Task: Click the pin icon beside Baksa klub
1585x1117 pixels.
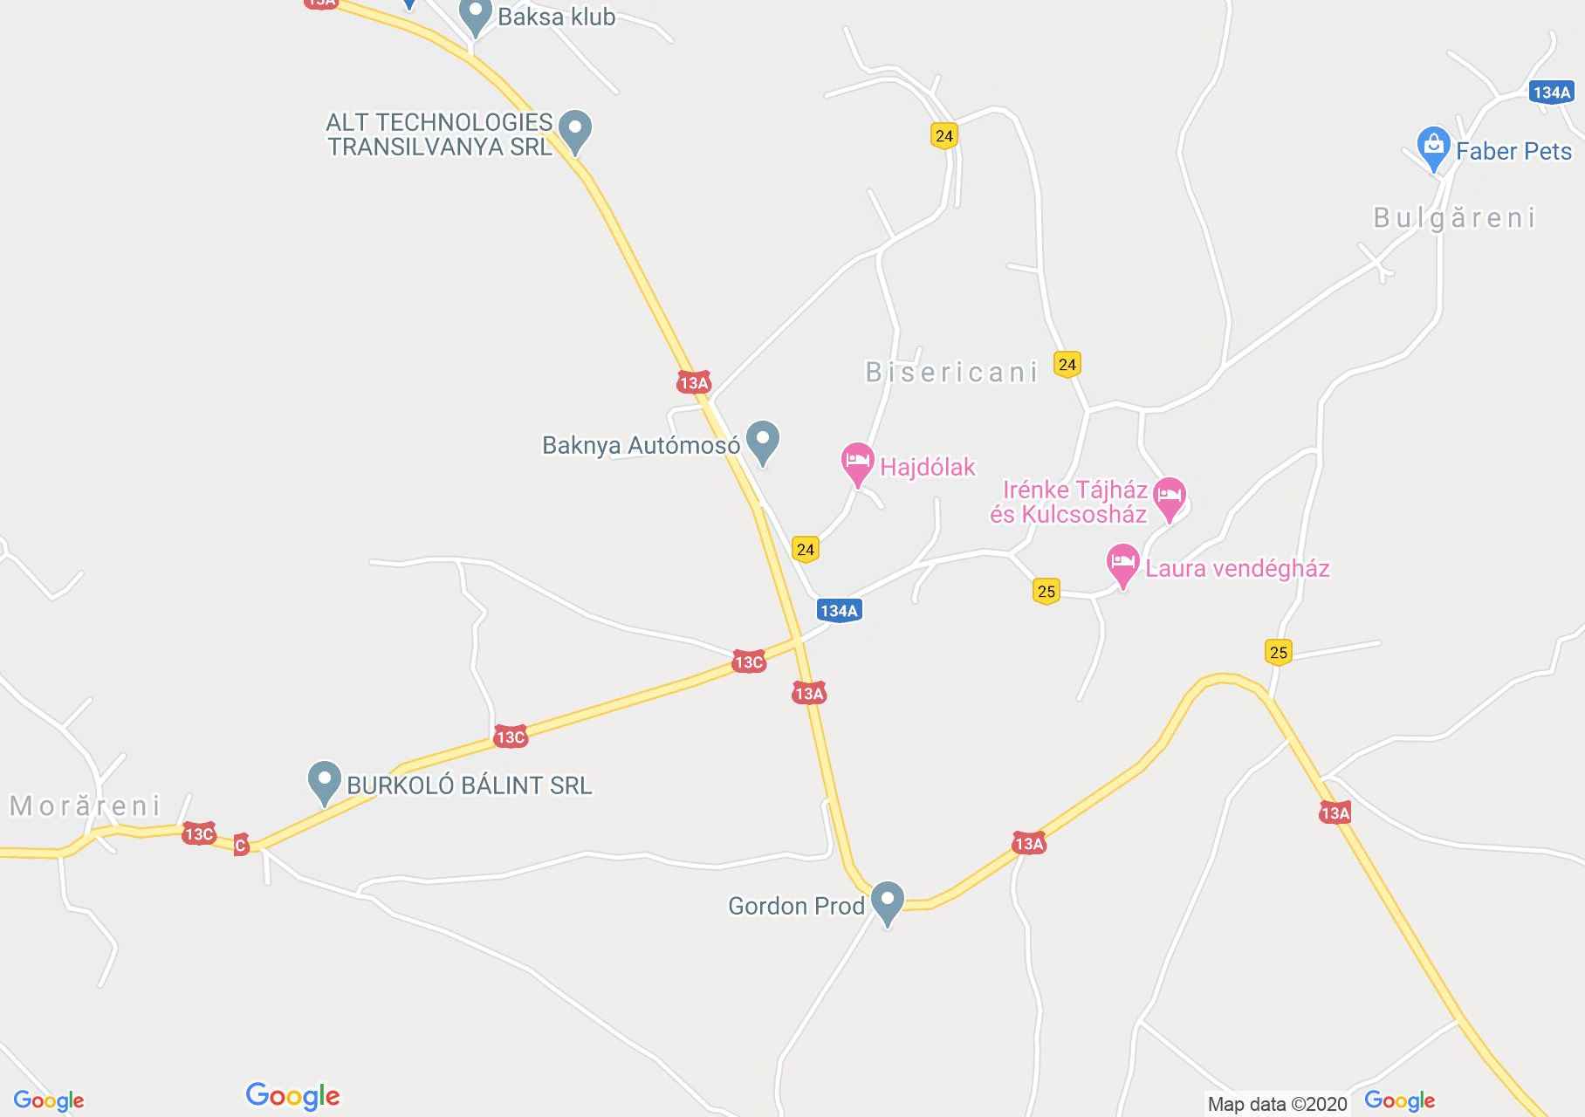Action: (476, 17)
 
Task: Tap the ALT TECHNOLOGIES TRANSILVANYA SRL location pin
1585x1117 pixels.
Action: (574, 131)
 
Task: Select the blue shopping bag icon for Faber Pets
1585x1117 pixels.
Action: (1433, 148)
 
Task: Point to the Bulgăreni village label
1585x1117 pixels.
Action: (1454, 217)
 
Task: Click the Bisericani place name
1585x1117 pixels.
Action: (951, 373)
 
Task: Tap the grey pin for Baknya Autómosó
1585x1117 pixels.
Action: (764, 442)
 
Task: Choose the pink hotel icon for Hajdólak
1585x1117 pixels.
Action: (857, 463)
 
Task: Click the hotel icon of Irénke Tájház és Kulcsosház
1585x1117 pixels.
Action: (1170, 498)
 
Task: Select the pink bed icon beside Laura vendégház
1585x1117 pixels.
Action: (1122, 565)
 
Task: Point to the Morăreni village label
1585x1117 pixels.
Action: (86, 805)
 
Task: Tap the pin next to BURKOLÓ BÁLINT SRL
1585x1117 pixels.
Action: (325, 782)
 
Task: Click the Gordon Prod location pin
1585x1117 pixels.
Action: (888, 902)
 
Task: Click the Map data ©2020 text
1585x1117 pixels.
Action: (1277, 1104)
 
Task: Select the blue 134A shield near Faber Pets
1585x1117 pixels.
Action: (1551, 93)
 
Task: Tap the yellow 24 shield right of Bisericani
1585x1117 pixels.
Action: (1067, 364)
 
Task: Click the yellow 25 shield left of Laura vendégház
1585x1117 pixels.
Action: (1046, 592)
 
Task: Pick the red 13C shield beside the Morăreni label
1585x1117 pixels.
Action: (198, 834)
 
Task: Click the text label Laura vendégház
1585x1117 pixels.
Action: (1237, 569)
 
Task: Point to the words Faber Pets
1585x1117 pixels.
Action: (1513, 152)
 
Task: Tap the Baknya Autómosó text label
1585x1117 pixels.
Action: (641, 446)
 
